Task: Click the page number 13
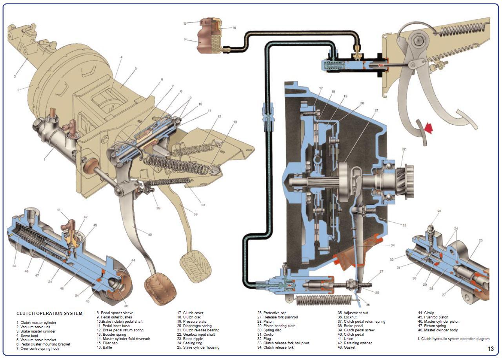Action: pos(491,349)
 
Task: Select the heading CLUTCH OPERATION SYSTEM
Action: pos(49,313)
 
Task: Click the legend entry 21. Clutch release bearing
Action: pos(198,330)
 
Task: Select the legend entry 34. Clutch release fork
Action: pos(275,347)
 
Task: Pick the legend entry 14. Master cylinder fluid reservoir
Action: pos(124,339)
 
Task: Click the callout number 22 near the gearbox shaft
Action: pos(404,149)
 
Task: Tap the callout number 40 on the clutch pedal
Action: pos(150,235)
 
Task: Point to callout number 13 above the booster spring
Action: pos(235,122)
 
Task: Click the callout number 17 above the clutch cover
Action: pos(321,88)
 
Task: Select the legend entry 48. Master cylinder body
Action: pos(438,330)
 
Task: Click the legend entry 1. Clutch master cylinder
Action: pos(36,323)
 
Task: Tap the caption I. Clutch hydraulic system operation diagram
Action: pos(454,339)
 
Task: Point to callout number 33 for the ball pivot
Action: pos(404,225)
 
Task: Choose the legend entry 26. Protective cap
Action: pos(272,313)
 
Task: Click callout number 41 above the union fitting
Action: pos(59,210)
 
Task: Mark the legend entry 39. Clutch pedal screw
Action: pos(356,330)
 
